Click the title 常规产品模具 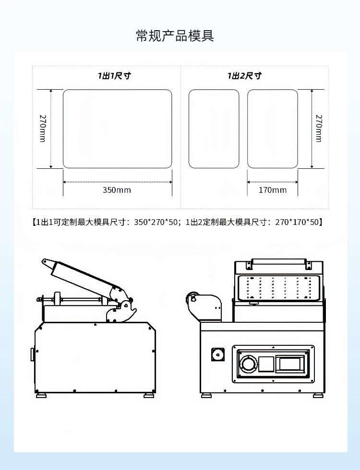[x=175, y=36]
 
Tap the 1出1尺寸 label [x=115, y=76]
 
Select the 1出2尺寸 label [x=244, y=76]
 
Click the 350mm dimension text [x=117, y=190]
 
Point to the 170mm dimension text [x=272, y=190]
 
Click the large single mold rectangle [x=117, y=129]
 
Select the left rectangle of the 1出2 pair [x=214, y=129]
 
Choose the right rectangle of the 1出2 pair [x=272, y=129]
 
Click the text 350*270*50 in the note [x=157, y=222]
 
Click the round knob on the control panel [x=249, y=364]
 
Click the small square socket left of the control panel [x=218, y=355]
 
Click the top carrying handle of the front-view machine [x=279, y=262]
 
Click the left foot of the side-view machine [x=41, y=395]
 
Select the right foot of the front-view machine [x=318, y=395]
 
